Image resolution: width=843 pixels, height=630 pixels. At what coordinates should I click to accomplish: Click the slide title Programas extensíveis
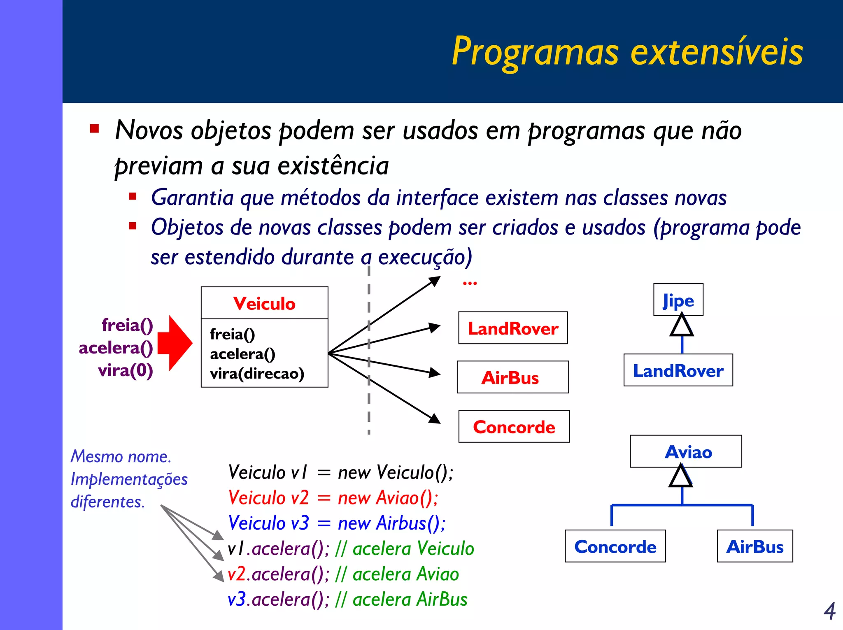[627, 52]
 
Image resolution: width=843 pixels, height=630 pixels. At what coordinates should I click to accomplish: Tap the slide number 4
[829, 611]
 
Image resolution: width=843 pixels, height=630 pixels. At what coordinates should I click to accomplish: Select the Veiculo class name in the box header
[264, 304]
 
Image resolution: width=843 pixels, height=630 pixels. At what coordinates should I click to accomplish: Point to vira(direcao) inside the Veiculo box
[257, 374]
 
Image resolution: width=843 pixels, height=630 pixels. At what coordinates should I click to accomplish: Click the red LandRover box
[513, 328]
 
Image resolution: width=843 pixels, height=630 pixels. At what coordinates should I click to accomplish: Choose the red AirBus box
[512, 377]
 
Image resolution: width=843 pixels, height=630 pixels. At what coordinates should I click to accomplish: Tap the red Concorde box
[514, 427]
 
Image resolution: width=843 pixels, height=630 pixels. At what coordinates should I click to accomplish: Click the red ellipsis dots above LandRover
[470, 283]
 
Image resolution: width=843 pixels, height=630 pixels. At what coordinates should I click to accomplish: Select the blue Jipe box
[678, 300]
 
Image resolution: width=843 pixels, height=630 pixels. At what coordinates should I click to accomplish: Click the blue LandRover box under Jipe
[678, 370]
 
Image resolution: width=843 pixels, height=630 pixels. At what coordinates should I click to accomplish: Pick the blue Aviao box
[686, 451]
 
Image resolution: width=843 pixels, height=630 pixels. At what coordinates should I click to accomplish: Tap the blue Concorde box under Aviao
[615, 546]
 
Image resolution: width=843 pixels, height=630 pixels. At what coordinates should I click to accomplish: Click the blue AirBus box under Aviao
[755, 546]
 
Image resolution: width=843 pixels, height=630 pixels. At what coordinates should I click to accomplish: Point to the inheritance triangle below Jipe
[682, 326]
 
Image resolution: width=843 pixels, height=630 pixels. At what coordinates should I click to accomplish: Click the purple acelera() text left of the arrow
[116, 348]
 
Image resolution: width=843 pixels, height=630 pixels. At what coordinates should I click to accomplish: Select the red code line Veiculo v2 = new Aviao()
[333, 498]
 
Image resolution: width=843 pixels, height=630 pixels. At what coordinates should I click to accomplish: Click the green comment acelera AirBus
[410, 600]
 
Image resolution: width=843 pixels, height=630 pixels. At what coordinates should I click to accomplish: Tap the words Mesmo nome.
[121, 456]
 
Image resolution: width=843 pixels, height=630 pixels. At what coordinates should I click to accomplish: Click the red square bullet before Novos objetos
[95, 129]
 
